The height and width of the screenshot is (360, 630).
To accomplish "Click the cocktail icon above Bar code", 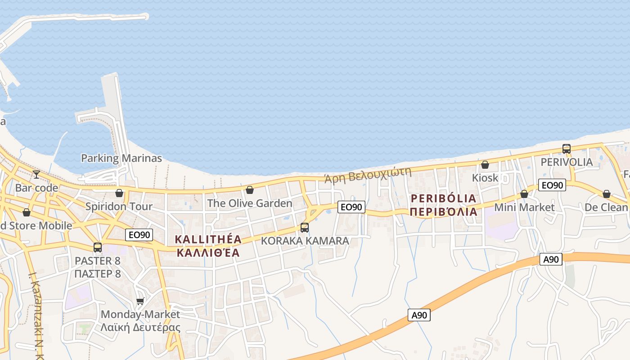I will (36, 174).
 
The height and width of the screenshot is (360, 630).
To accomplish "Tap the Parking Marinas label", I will (121, 158).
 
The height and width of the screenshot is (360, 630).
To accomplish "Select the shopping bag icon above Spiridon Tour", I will (119, 193).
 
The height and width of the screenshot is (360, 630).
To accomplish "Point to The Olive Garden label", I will (249, 203).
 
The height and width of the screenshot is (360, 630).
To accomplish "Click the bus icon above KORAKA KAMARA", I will (305, 227).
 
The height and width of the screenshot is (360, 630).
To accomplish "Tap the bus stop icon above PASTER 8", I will (98, 247).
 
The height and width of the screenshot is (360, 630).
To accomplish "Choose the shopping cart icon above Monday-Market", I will (140, 301).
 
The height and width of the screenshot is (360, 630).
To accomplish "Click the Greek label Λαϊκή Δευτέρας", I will (140, 327).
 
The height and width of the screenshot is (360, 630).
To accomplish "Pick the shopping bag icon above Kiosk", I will (485, 165).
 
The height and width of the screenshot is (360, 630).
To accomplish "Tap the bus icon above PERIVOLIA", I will (567, 148).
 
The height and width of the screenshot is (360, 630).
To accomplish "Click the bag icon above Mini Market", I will (524, 194).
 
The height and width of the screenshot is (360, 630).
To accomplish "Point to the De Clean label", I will (606, 207).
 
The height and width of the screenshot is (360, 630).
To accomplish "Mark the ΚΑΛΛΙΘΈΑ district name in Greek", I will (208, 252).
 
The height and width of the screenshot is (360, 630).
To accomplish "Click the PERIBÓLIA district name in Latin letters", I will (443, 198).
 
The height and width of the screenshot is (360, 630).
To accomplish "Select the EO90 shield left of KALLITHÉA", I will (139, 234).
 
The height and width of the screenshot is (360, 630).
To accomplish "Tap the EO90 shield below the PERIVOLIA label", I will (552, 185).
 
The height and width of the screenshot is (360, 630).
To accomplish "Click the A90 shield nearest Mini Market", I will (551, 259).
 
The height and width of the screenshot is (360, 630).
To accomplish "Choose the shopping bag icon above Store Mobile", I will (27, 212).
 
